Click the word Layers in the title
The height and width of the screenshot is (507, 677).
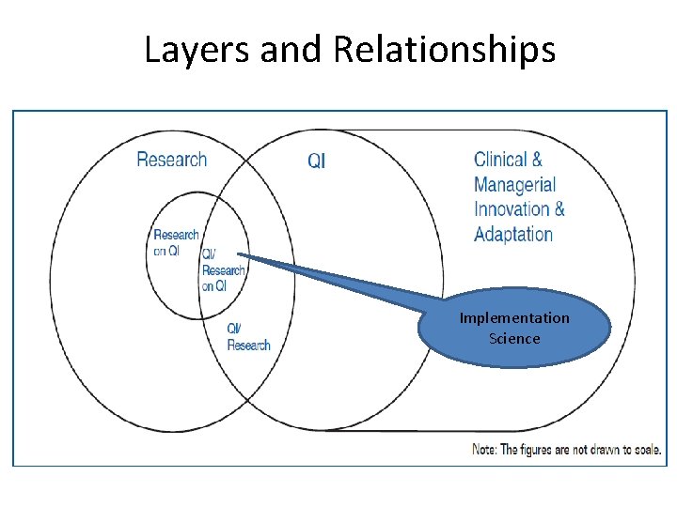tap(197, 49)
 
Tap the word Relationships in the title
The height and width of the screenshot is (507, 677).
tap(444, 49)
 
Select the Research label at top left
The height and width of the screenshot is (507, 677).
tap(171, 159)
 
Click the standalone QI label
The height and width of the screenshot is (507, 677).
tap(317, 161)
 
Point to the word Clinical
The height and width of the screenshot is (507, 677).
tap(502, 160)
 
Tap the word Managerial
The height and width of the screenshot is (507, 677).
tap(514, 185)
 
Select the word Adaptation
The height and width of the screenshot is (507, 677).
tap(513, 234)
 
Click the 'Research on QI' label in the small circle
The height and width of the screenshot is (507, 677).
tap(176, 242)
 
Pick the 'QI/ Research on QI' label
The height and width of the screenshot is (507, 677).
tap(222, 270)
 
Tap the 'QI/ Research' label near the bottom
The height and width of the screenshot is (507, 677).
tap(248, 337)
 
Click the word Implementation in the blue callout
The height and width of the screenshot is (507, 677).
tap(514, 318)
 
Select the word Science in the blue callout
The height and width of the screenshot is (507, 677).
tap(514, 338)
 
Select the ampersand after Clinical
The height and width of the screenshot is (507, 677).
tap(537, 160)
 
